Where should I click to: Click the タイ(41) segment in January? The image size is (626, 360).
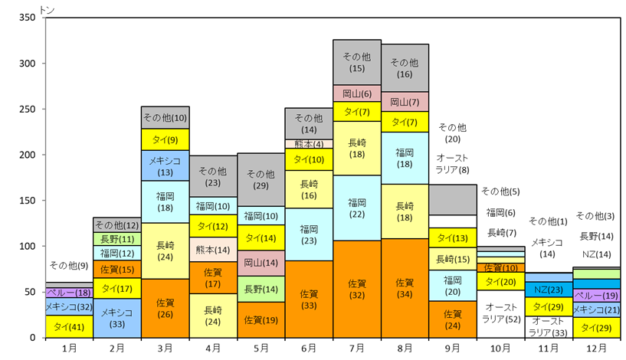point(70,326)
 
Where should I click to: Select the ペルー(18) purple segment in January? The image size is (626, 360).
point(70,293)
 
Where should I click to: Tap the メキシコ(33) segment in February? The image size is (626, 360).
point(117,318)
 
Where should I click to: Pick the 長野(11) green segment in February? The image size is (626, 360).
point(117,239)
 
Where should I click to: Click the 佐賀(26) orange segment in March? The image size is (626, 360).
point(166,309)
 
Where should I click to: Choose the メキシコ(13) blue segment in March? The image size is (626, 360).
point(166,165)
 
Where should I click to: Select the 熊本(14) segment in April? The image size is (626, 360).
point(213,250)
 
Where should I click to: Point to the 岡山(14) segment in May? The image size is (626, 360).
point(261,263)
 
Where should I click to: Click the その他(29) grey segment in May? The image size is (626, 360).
point(261,180)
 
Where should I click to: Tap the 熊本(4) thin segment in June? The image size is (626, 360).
point(309,144)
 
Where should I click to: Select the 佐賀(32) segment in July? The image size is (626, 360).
point(357,290)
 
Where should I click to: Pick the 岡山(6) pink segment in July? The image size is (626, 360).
point(357,93)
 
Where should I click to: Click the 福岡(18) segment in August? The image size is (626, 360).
point(405,158)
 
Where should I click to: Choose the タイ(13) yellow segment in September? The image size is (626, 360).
point(453,238)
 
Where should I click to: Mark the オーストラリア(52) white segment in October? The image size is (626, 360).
point(500,314)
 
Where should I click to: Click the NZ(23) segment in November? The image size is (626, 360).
point(549,290)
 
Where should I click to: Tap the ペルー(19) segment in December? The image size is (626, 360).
point(596,296)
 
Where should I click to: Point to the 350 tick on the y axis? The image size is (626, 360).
point(27,18)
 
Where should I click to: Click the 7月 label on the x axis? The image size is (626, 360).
point(357,349)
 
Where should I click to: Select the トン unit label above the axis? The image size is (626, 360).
point(47,10)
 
